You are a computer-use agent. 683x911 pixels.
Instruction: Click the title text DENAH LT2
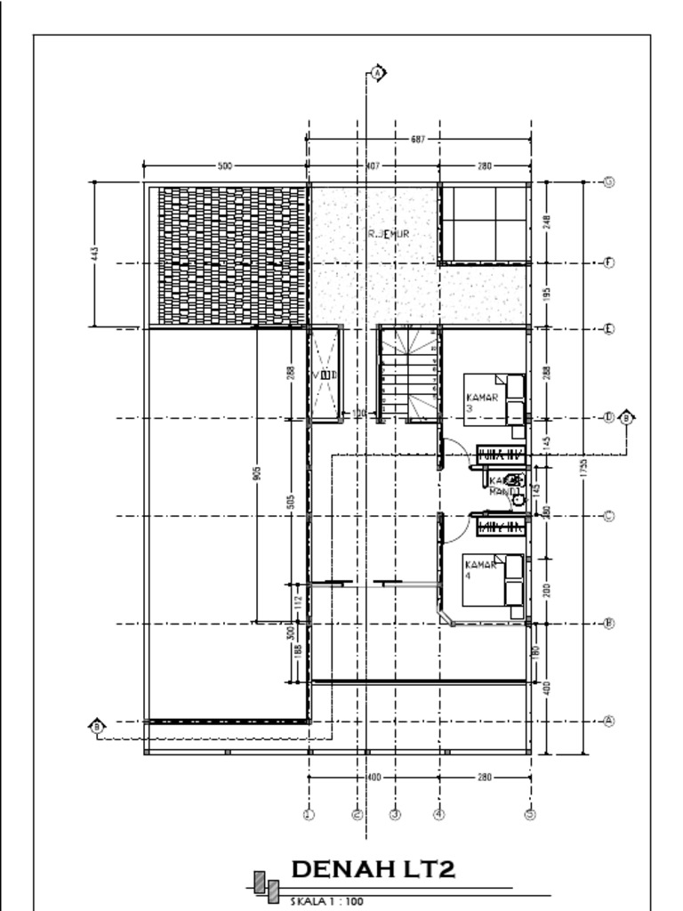373,868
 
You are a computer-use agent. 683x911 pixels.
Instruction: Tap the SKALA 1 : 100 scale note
327,901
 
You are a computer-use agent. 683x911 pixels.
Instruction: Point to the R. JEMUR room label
389,234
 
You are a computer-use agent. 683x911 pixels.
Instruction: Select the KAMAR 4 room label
480,569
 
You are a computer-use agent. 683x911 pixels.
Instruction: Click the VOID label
325,375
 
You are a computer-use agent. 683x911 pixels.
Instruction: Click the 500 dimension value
225,166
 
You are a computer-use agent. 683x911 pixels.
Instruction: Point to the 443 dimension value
95,254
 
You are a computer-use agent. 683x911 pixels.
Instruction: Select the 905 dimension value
256,473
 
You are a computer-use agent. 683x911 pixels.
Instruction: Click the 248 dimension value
547,222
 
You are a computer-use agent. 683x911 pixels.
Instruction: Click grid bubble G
609,181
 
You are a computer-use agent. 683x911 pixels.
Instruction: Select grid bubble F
609,263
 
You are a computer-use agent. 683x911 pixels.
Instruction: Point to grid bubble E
609,328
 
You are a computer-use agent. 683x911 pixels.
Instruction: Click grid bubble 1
309,814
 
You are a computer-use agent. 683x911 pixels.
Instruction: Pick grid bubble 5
530,814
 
